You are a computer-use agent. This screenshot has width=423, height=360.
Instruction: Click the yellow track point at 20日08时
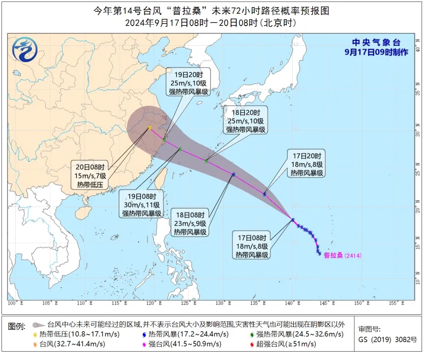click(x=150, y=128)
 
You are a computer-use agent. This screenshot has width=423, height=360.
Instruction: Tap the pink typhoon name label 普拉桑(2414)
click(x=343, y=255)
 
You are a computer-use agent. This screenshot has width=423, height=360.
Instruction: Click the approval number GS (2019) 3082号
click(x=387, y=339)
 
